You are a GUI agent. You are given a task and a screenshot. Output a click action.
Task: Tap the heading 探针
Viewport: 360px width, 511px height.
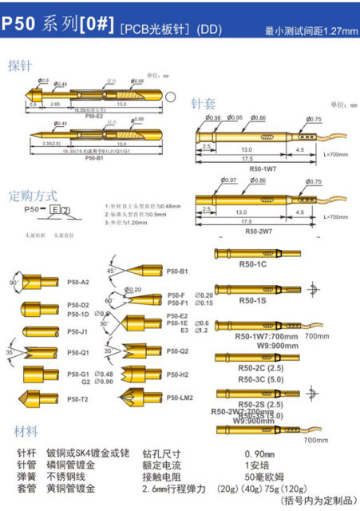pos(23,65)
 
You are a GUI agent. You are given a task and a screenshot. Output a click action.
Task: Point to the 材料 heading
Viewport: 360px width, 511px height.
pos(26,431)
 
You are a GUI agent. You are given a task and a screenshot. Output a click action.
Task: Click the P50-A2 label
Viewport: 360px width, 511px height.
pos(78,281)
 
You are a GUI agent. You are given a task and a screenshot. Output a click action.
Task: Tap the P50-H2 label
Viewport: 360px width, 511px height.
pos(177,374)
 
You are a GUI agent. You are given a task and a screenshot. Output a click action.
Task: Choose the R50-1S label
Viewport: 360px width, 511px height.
pos(253,300)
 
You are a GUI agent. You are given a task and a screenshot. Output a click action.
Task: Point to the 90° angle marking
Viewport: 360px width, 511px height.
pos(14,283)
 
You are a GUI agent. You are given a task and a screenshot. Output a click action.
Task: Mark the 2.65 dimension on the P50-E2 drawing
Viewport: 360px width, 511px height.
pos(56,104)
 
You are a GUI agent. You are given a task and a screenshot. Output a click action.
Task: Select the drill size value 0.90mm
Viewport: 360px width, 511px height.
pos(259,452)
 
